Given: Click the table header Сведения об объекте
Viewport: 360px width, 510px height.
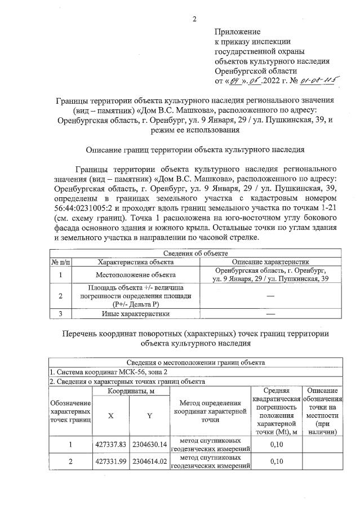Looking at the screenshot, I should pyautogui.click(x=194, y=254).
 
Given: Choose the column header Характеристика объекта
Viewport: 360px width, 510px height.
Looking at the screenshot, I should pyautogui.click(x=135, y=262).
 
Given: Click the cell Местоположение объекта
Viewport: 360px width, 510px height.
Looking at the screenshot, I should pyautogui.click(x=135, y=276).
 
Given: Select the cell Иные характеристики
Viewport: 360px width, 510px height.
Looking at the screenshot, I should pyautogui.click(x=135, y=313).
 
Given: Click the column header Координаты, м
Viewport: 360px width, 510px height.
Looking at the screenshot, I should pyautogui.click(x=131, y=391).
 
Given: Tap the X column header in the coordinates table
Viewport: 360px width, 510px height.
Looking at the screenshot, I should pyautogui.click(x=111, y=415).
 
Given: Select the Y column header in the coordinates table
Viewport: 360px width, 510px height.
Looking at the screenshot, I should pyautogui.click(x=149, y=415).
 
